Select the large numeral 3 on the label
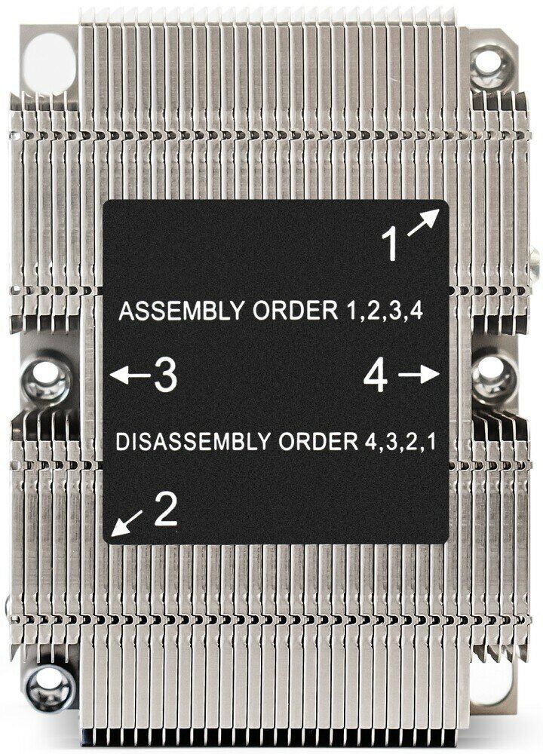coord(164,375)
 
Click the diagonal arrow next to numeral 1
coord(425,222)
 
